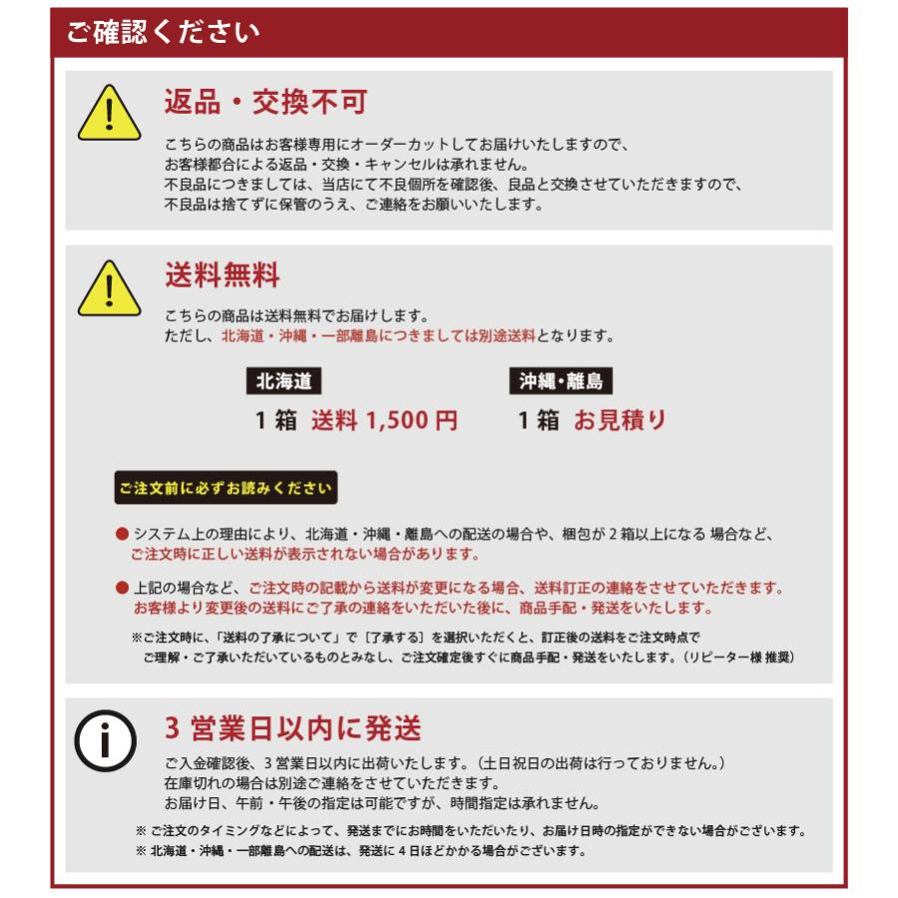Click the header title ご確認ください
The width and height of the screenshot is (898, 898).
(x=163, y=32)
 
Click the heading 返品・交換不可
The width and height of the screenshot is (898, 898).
(x=265, y=102)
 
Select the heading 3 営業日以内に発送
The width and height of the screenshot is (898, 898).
(x=293, y=727)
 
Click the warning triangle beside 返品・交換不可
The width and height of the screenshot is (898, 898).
(x=109, y=116)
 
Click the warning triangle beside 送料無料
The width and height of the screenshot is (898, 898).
(x=109, y=288)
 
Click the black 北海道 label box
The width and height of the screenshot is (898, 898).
(x=283, y=381)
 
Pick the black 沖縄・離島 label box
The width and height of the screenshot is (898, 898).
(x=561, y=381)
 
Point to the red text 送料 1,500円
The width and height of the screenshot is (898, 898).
(x=384, y=421)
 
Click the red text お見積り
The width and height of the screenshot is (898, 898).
(x=619, y=421)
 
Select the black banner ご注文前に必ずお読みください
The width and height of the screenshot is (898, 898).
(x=225, y=488)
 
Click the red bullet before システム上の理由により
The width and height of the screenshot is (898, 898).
(x=122, y=535)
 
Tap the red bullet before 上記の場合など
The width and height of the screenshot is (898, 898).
(x=122, y=589)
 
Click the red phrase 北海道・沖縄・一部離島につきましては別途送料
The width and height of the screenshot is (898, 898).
(x=378, y=336)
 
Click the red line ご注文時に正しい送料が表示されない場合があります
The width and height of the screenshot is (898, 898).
(x=304, y=554)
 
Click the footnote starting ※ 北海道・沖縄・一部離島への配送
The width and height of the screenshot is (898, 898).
(x=359, y=851)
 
